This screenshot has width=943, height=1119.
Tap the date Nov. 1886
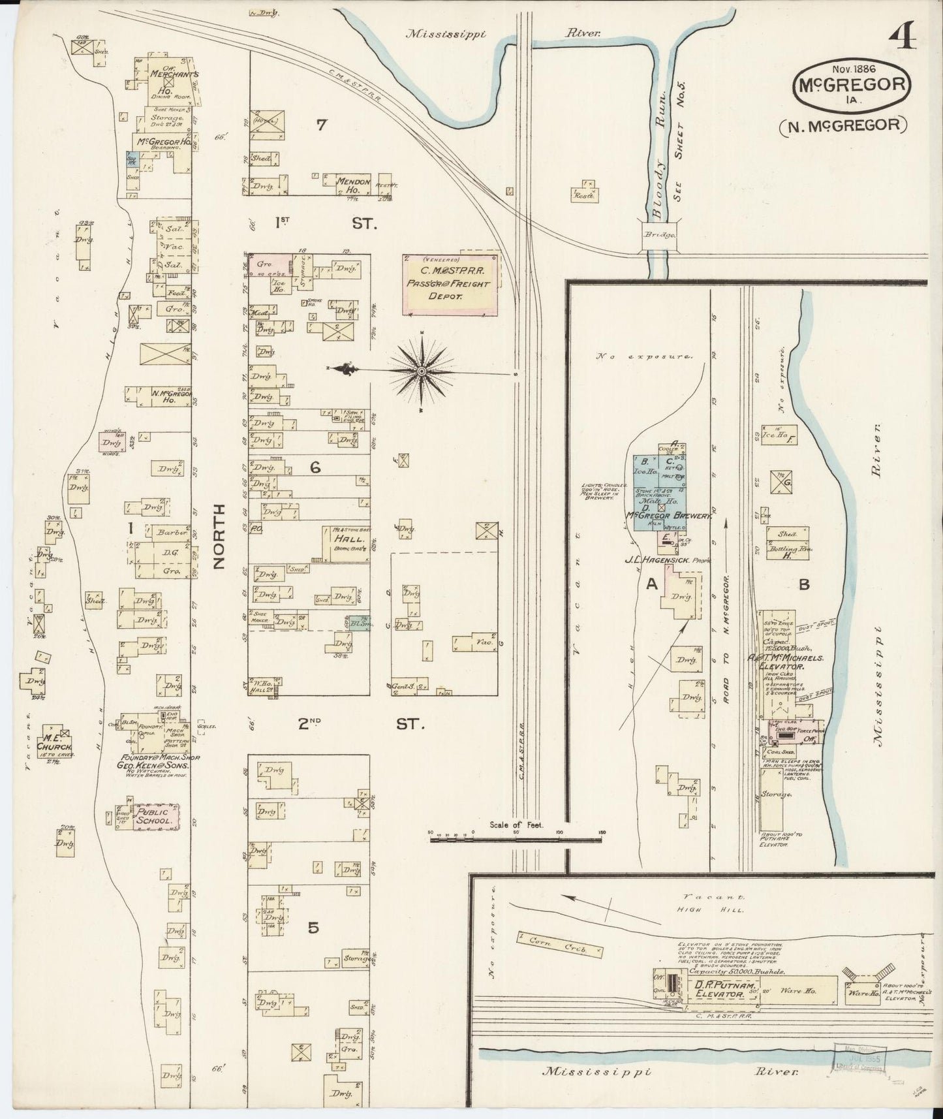pos(853,68)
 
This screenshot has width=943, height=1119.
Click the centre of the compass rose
pos(422,371)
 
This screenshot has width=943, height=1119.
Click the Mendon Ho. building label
pos(353,185)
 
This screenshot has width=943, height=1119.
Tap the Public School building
pos(153,816)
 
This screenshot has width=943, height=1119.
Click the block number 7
pos(321,125)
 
